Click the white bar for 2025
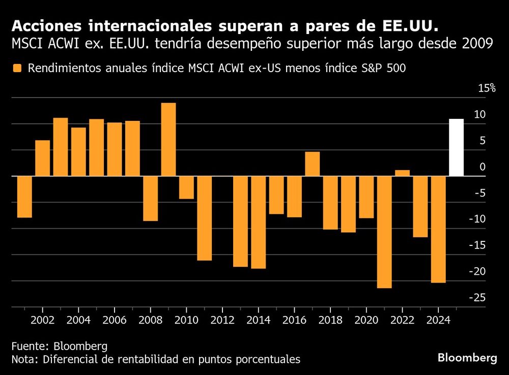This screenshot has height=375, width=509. click(x=456, y=147)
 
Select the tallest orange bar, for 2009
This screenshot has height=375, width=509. click(x=168, y=139)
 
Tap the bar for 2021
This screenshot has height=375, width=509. click(x=384, y=232)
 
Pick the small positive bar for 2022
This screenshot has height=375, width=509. click(x=402, y=173)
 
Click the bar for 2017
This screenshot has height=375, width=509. click(x=312, y=164)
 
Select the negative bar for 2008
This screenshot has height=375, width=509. click(x=150, y=198)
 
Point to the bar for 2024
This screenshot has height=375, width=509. click(x=438, y=229)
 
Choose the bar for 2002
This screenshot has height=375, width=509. click(x=42, y=158)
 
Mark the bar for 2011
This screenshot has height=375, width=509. click(x=204, y=218)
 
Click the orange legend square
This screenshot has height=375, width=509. click(x=18, y=69)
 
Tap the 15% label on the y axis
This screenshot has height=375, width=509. click(x=487, y=88)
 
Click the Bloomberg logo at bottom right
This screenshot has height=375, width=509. click(x=467, y=358)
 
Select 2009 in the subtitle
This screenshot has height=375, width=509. click(x=476, y=44)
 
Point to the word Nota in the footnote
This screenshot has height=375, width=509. click(x=23, y=360)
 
